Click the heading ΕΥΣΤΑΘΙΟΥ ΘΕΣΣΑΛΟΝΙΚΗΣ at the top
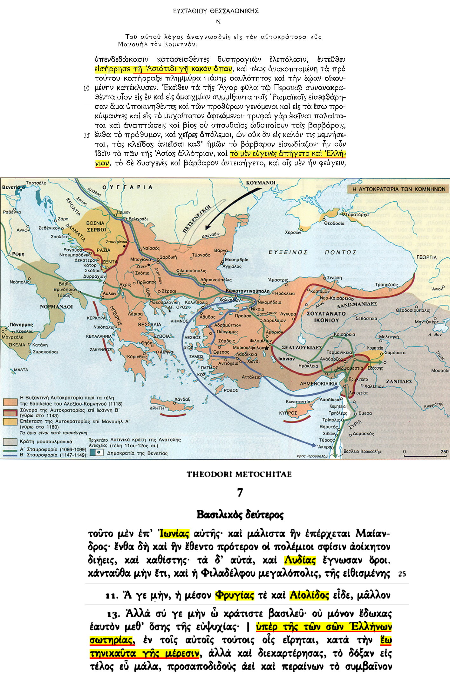click(216, 11)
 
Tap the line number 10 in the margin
click(86, 88)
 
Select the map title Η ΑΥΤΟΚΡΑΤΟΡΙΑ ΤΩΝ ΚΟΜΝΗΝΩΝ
click(399, 189)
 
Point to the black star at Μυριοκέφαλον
click(267, 348)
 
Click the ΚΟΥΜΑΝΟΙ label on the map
click(261, 183)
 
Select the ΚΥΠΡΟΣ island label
click(288, 413)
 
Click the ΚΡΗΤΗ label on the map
click(157, 408)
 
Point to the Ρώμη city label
click(18, 254)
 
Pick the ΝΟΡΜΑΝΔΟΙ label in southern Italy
click(56, 307)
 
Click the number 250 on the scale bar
click(444, 452)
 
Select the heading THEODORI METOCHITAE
click(239, 474)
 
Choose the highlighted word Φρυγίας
click(235, 595)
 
